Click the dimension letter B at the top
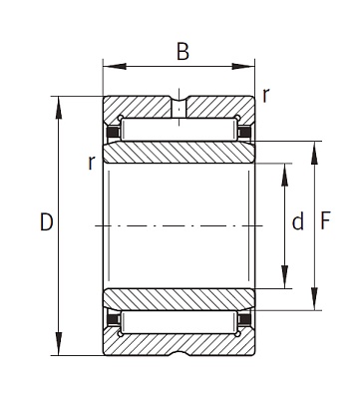click(182, 52)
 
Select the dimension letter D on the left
click(47, 221)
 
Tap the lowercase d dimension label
click(298, 221)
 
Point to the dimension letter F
click(325, 221)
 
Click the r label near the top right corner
click(265, 96)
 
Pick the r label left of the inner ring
click(92, 163)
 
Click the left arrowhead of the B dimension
click(115, 66)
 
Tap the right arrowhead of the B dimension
click(243, 66)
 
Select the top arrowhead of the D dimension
click(59, 108)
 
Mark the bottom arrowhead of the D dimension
click(59, 344)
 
